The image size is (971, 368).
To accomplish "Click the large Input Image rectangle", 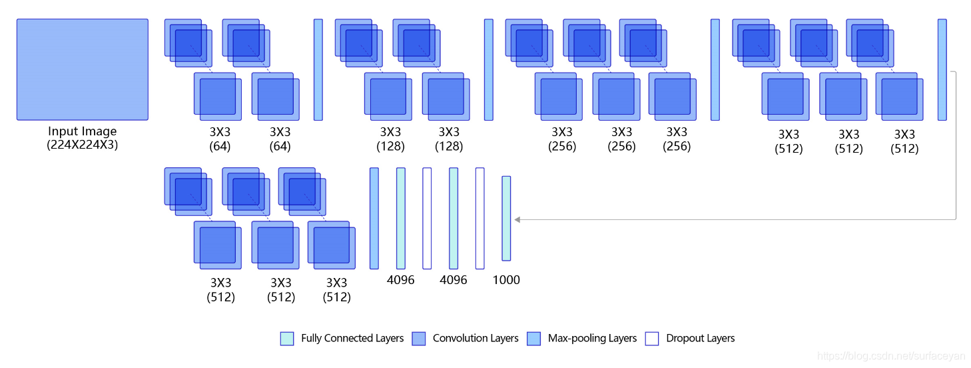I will click(83, 69).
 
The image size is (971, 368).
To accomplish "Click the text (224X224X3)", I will click(83, 145).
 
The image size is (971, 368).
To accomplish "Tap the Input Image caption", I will click(83, 131).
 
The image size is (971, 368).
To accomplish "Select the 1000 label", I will click(506, 280).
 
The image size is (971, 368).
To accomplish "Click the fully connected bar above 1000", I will click(506, 218).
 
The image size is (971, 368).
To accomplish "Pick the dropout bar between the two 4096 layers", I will click(427, 218).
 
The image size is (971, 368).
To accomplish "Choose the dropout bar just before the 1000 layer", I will click(480, 218).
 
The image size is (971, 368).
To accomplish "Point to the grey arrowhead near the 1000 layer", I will click(517, 219).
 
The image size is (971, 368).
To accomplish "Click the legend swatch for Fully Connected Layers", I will click(286, 338).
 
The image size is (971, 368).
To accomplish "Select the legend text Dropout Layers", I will click(700, 338).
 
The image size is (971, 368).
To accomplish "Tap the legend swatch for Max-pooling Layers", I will click(533, 338).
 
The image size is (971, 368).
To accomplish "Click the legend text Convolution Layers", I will click(476, 338).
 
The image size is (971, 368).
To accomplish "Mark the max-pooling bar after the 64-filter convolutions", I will click(318, 69).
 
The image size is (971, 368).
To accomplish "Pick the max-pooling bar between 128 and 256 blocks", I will click(489, 69).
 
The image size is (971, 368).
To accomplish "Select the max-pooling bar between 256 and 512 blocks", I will click(715, 69).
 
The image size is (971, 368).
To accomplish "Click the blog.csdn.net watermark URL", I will click(892, 357).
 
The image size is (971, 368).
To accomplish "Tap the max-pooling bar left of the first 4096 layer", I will click(374, 218).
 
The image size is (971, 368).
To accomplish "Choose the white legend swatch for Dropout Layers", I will click(652, 338).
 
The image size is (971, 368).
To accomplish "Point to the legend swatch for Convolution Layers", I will click(418, 338).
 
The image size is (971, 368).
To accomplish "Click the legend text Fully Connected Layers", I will click(352, 338).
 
